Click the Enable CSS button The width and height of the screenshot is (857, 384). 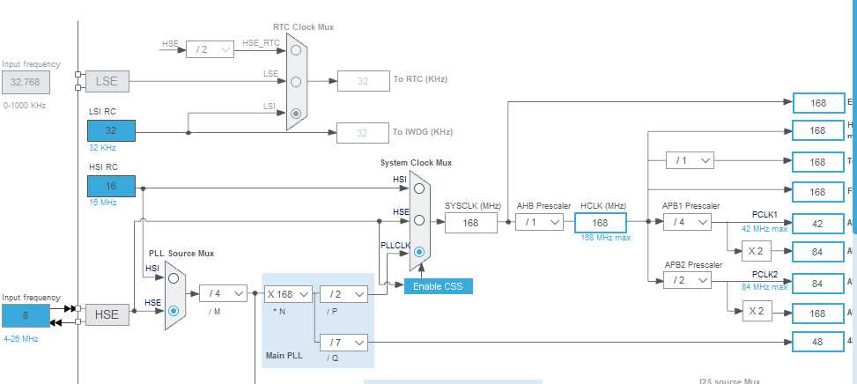tap(438, 286)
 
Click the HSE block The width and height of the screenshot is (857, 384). tap(107, 314)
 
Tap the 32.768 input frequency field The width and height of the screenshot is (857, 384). tap(26, 83)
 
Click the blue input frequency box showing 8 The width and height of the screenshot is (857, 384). tap(26, 314)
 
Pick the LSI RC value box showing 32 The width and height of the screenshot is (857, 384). tap(111, 130)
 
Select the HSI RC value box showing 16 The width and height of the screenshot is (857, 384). tap(111, 186)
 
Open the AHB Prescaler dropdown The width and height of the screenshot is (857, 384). tap(539, 223)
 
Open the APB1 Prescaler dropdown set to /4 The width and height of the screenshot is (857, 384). tap(686, 223)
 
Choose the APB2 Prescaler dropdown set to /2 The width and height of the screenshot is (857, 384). tap(686, 279)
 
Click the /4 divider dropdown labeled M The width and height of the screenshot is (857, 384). tap(223, 294)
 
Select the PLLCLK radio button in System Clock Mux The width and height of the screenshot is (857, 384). tap(419, 252)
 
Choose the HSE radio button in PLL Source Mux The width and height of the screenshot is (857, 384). tap(174, 310)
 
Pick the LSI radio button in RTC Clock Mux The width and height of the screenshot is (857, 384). tap(297, 113)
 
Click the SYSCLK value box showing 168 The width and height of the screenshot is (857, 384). tap(471, 223)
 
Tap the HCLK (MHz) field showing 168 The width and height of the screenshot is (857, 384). tap(602, 223)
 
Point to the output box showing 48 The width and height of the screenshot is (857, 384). tap(818, 341)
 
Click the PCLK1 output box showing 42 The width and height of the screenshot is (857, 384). tap(818, 224)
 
